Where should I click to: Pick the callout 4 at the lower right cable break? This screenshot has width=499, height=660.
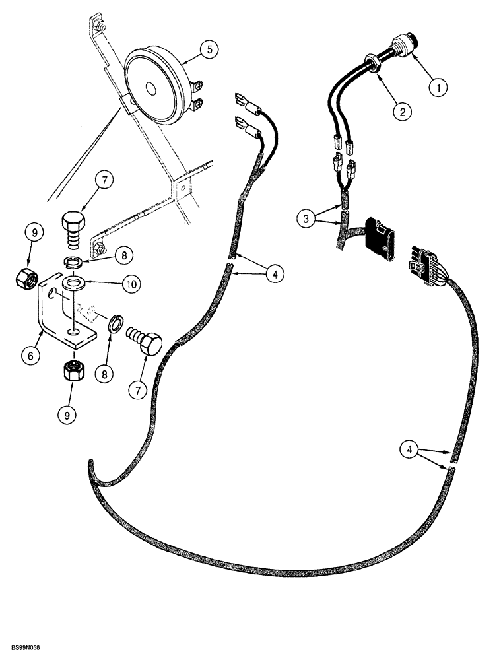click(411, 450)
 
